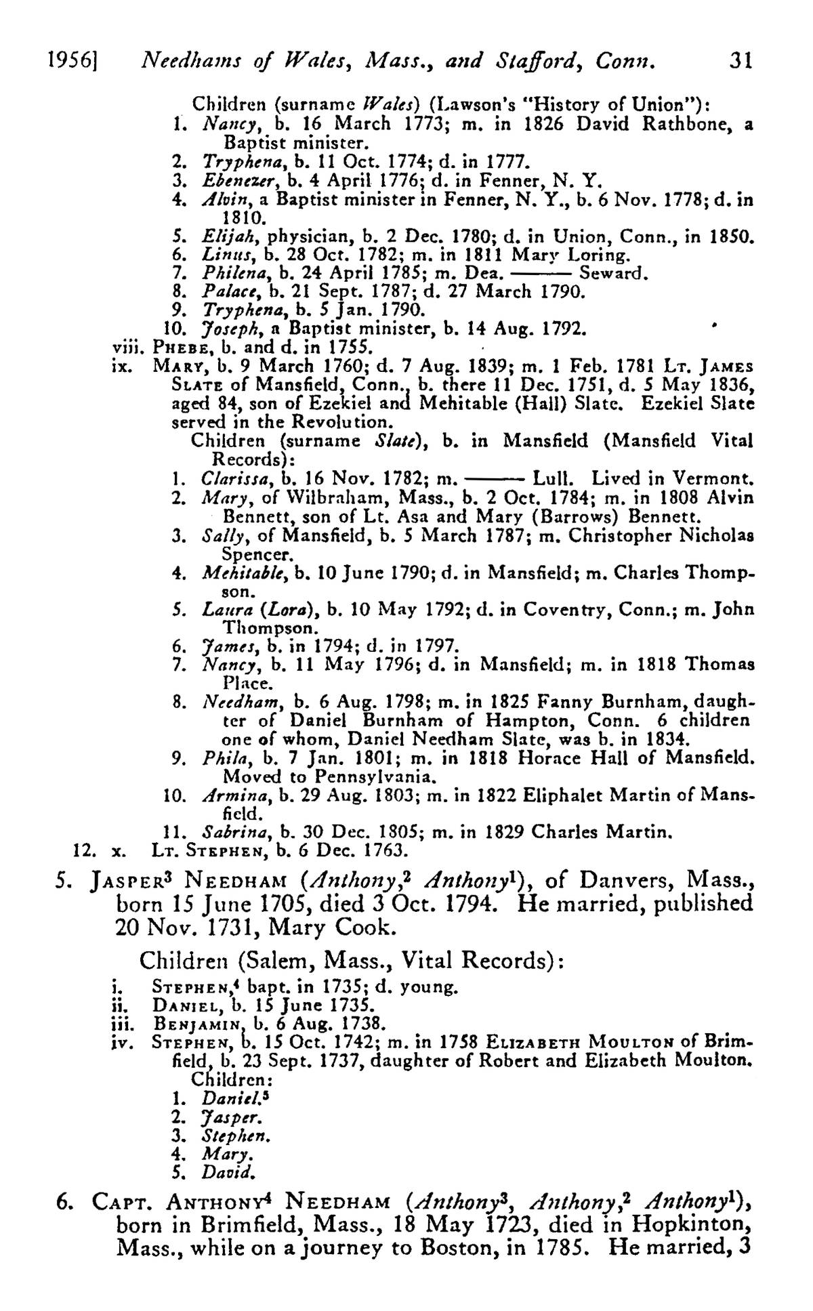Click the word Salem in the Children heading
(289, 961)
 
